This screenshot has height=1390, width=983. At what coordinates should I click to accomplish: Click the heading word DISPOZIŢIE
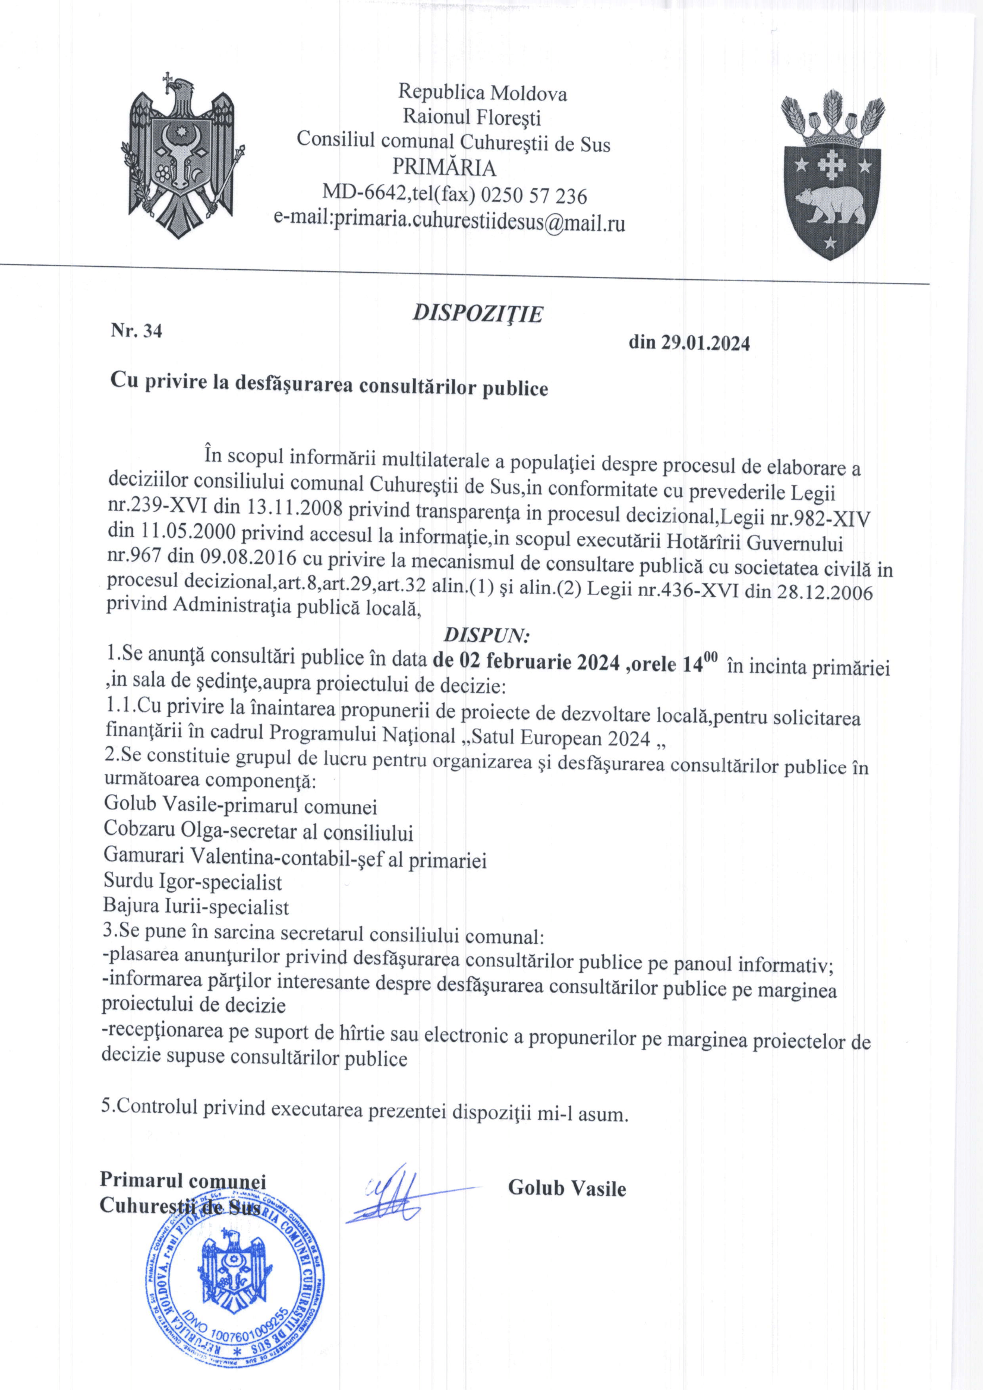[x=478, y=314]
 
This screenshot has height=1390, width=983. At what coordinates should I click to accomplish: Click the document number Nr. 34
[x=136, y=331]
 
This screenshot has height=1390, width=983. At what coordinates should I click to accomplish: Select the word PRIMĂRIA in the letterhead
[x=444, y=167]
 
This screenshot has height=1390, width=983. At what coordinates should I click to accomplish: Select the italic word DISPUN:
[x=487, y=635]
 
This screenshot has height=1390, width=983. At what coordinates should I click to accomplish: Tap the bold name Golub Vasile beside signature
[x=566, y=1188]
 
